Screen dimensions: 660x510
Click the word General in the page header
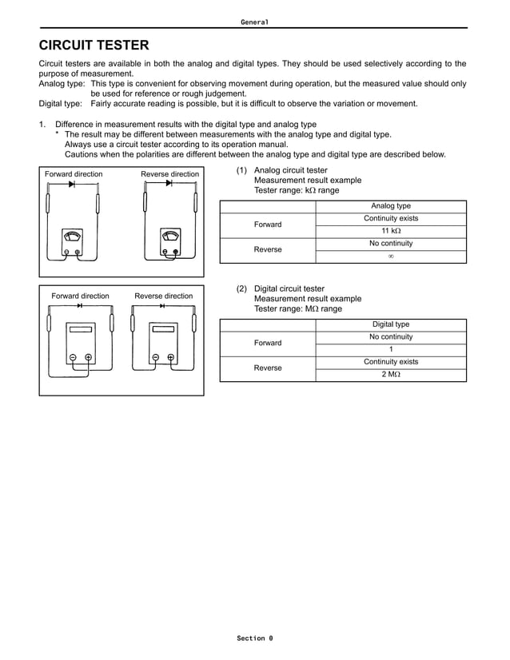coord(254,22)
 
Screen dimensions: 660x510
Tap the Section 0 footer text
coord(254,638)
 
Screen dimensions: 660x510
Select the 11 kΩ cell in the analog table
coord(391,231)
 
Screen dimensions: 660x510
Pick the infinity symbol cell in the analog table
coord(391,256)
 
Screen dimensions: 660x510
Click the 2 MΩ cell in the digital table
coord(391,374)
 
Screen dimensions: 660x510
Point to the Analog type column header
coord(391,206)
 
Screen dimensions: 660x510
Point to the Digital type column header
coord(391,324)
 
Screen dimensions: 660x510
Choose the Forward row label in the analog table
coord(268,225)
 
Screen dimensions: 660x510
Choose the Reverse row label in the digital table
coord(268,368)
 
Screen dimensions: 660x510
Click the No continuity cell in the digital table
coord(391,337)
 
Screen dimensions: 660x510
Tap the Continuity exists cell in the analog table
coord(391,218)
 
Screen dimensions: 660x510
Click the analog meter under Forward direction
coord(72,242)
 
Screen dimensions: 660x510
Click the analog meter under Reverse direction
coord(169,242)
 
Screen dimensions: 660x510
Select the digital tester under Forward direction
coord(80,344)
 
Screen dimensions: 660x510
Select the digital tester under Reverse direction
coord(163,344)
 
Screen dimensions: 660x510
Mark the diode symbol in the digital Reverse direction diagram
coord(163,306)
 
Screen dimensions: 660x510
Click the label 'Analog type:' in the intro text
coord(61,83)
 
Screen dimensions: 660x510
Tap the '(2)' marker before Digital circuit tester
coord(241,288)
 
